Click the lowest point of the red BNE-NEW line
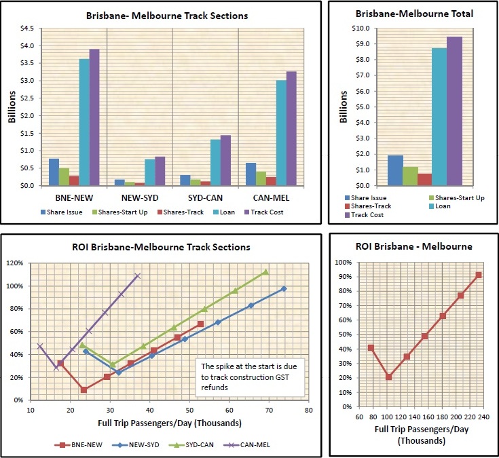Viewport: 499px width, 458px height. tap(84, 389)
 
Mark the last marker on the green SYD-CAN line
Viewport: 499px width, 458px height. tap(265, 272)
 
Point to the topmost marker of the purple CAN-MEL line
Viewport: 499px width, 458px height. tap(138, 275)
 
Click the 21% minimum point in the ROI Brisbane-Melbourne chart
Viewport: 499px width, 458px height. tap(389, 377)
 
